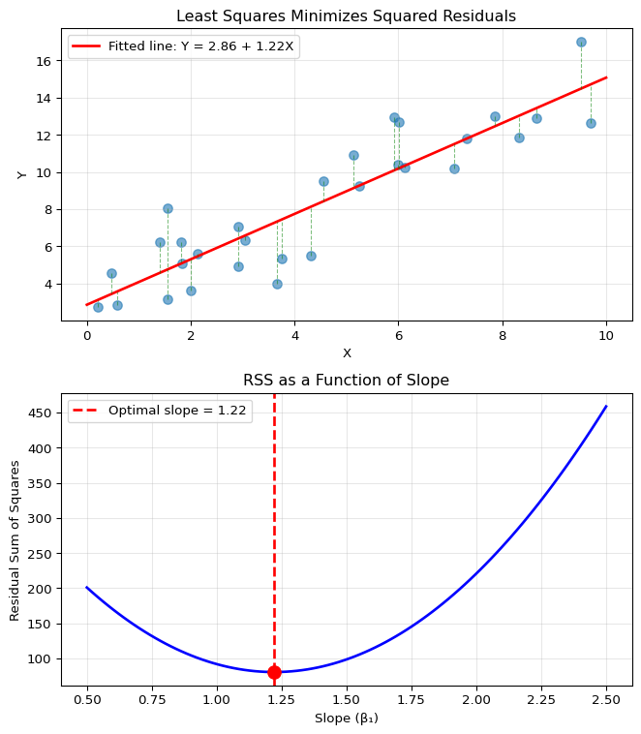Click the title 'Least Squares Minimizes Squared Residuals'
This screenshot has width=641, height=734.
pos(346,15)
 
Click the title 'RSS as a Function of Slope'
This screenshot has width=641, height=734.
pos(346,381)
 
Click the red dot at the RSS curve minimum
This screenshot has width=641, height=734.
pos(274,672)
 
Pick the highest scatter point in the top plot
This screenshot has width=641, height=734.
pos(581,42)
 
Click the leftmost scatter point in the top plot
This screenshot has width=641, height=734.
pos(98,307)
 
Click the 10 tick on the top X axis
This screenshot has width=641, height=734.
pos(606,336)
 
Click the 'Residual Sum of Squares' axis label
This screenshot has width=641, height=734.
pos(15,540)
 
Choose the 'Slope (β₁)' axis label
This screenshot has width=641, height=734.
pos(346,719)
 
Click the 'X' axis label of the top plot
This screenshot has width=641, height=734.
pos(347,353)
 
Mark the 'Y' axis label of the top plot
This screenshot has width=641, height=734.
pos(21,174)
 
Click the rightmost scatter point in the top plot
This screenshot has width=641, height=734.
pos(591,123)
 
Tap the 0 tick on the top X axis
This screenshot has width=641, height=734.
pos(87,336)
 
